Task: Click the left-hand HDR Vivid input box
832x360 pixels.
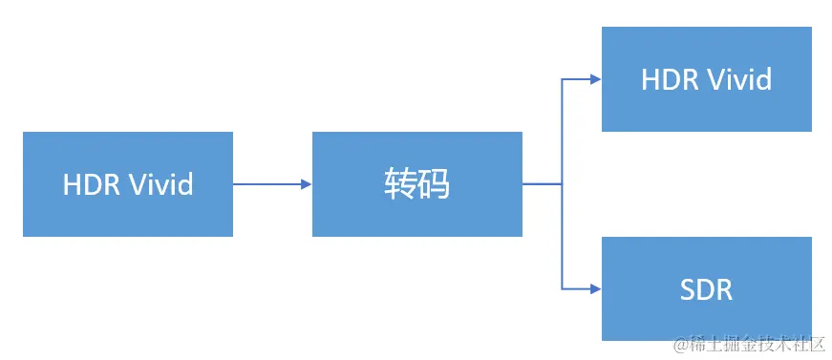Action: [128, 183]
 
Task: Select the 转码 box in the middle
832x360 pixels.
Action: [416, 183]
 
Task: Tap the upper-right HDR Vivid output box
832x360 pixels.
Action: [706, 79]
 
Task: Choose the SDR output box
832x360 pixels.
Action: [706, 288]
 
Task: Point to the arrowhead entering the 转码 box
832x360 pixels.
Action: [307, 183]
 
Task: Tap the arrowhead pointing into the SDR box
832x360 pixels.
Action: [595, 288]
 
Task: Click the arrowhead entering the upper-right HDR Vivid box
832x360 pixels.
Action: [595, 79]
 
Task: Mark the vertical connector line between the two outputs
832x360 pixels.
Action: [562, 229]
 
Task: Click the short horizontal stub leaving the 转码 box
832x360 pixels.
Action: [542, 183]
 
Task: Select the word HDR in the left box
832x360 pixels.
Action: [91, 183]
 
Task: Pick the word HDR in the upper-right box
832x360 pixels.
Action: [669, 79]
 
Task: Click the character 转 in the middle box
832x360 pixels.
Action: [400, 183]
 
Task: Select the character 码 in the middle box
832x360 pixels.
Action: [434, 183]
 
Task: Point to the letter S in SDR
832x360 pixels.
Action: [686, 288]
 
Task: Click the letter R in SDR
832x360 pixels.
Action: [723, 288]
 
